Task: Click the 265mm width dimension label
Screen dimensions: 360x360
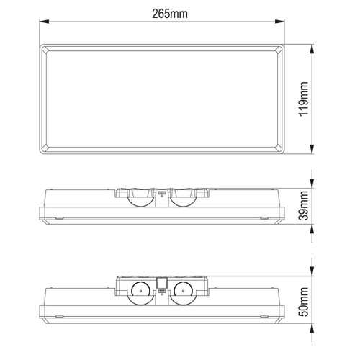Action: coord(170,14)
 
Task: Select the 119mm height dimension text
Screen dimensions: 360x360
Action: coord(303,99)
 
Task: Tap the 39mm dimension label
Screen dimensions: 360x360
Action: coord(303,205)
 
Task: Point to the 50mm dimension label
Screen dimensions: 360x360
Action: coord(303,302)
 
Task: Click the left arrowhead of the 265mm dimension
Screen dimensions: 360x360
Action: coord(44,22)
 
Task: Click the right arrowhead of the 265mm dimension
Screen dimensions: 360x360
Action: coord(279,22)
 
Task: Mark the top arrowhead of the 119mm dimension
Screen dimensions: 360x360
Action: coord(312,49)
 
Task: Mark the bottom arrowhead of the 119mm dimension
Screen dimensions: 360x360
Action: coord(312,149)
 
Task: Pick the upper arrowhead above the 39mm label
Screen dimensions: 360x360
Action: coord(312,184)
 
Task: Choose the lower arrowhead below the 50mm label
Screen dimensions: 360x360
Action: coord(312,328)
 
